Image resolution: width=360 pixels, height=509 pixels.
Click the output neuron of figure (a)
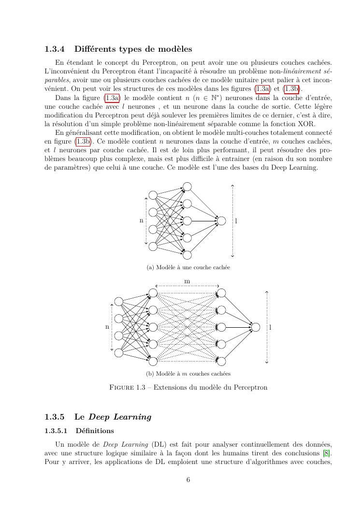pyautogui.click(x=221, y=221)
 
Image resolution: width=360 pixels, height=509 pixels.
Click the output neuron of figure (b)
pyautogui.click(x=256, y=327)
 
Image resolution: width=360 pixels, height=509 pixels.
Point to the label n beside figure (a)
pyautogui.click(x=142, y=221)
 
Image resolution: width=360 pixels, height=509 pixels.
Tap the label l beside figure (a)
pyautogui.click(x=236, y=221)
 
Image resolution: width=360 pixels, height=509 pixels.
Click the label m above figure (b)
pyautogui.click(x=187, y=281)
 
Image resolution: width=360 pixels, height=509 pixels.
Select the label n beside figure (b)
pyautogui.click(x=107, y=327)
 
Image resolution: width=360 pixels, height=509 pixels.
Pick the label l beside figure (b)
pyautogui.click(x=270, y=327)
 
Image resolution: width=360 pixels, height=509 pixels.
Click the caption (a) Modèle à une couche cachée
pyautogui.click(x=188, y=267)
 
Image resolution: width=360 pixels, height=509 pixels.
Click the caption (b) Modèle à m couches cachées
pyautogui.click(x=188, y=374)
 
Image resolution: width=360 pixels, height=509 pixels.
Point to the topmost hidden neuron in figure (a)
pyautogui.click(x=187, y=187)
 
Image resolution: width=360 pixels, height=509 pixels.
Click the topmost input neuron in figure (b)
pyautogui.click(x=119, y=302)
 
